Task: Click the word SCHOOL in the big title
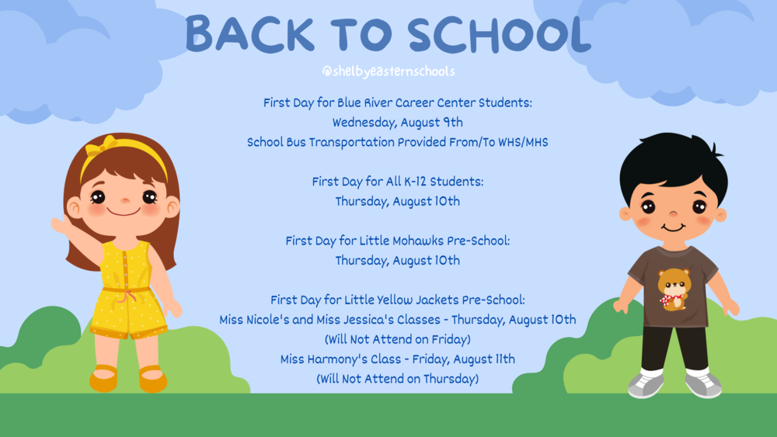[500, 33]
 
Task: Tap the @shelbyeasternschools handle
[388, 71]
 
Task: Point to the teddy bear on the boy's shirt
[674, 290]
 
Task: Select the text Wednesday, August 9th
[397, 123]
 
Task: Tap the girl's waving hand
[61, 225]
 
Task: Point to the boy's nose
[673, 213]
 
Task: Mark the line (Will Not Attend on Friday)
[397, 339]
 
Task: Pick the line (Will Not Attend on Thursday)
[397, 379]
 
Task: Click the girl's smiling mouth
[124, 213]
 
